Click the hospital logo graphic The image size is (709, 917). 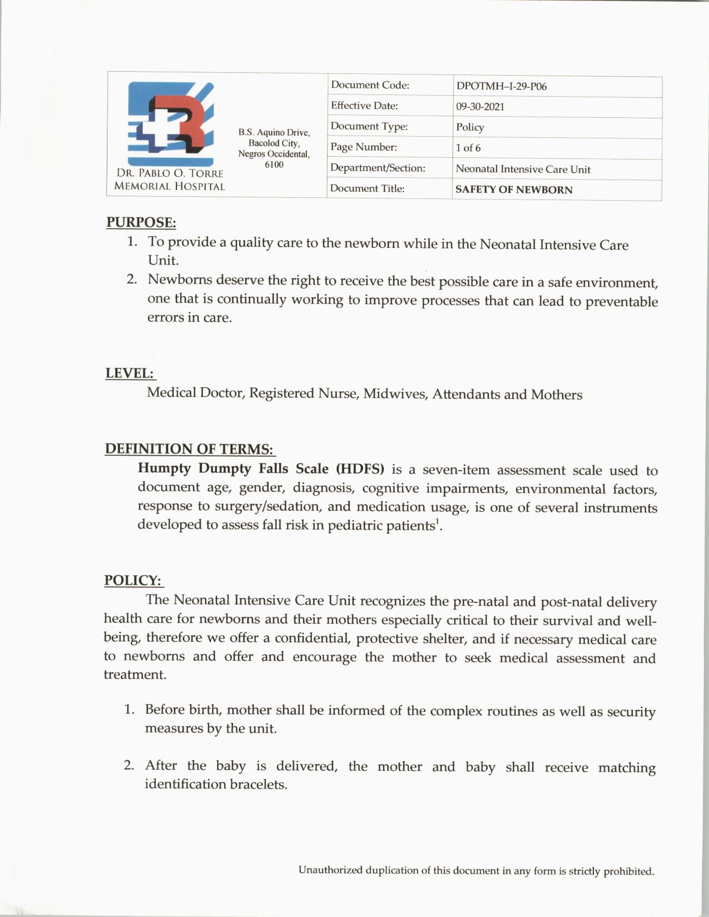tap(171, 123)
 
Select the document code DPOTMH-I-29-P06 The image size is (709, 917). tap(501, 86)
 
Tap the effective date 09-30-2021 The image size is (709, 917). tap(480, 107)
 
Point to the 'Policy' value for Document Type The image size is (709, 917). tap(470, 127)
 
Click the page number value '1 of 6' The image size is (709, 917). tap(468, 148)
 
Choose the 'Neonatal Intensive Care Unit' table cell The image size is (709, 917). tap(523, 169)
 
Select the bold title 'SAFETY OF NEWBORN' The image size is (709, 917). tap(513, 190)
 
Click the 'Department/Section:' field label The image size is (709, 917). tap(378, 168)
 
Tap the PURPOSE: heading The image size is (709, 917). tap(141, 222)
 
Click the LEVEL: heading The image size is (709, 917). tap(130, 373)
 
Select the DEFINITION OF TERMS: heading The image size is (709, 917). tap(189, 448)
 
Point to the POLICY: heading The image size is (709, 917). tap(133, 580)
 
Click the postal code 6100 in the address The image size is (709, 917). tap(274, 165)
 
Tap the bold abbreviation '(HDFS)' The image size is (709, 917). tap(360, 469)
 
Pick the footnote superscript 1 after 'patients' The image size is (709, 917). tap(437, 521)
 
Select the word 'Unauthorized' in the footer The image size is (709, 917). tap(330, 870)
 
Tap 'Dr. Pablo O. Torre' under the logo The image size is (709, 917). tap(170, 173)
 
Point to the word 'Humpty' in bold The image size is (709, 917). tap(165, 469)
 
